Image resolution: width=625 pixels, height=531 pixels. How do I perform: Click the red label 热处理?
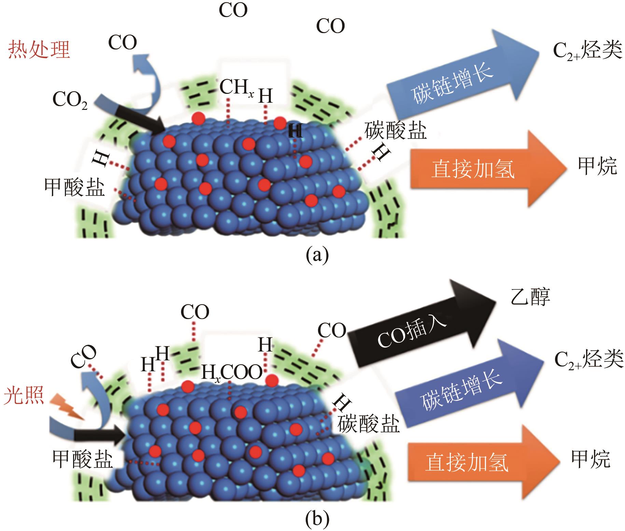click(x=39, y=50)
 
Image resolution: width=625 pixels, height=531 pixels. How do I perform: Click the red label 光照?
click(x=24, y=397)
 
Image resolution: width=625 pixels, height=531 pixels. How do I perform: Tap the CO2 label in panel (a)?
click(x=70, y=100)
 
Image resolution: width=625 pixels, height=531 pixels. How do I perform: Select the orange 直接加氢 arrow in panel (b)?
click(x=478, y=462)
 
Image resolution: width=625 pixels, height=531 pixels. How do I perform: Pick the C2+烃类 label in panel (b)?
click(x=589, y=359)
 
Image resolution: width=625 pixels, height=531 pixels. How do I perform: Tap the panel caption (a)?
click(x=317, y=255)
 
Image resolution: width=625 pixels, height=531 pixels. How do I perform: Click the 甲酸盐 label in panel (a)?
click(x=74, y=187)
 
